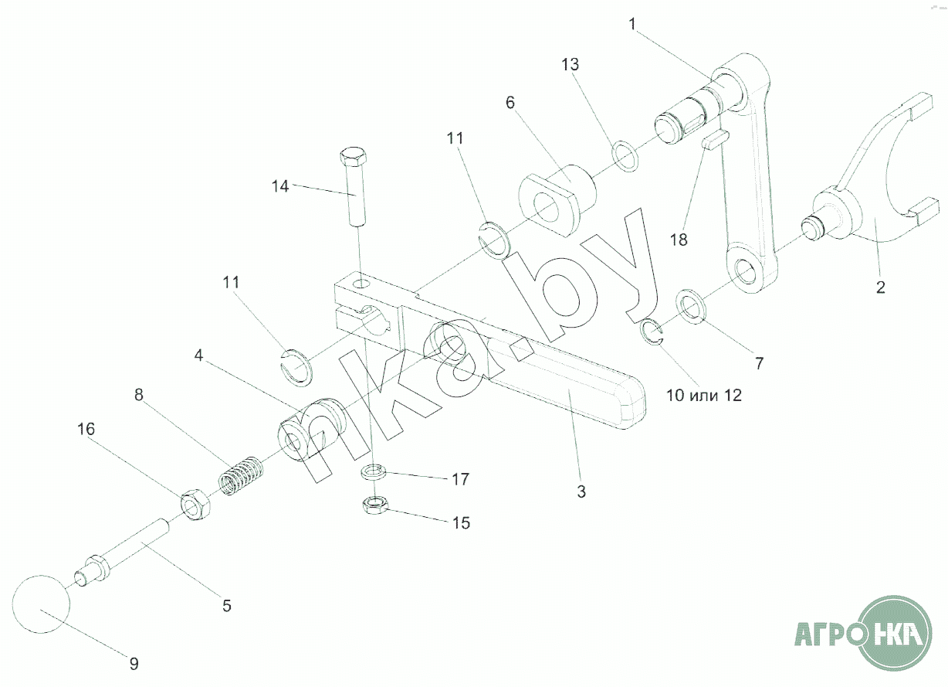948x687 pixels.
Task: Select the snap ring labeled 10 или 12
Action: pos(653,332)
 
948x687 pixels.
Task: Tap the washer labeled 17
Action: pos(376,471)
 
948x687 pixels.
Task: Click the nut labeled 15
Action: pos(374,505)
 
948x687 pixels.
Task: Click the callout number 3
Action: pos(581,490)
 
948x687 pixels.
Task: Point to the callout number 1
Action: pos(632,23)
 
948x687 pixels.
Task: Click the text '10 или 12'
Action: pos(703,395)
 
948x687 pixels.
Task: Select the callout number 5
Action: pos(226,605)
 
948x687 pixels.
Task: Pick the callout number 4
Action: pos(198,356)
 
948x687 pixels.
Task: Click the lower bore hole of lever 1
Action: pos(747,271)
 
